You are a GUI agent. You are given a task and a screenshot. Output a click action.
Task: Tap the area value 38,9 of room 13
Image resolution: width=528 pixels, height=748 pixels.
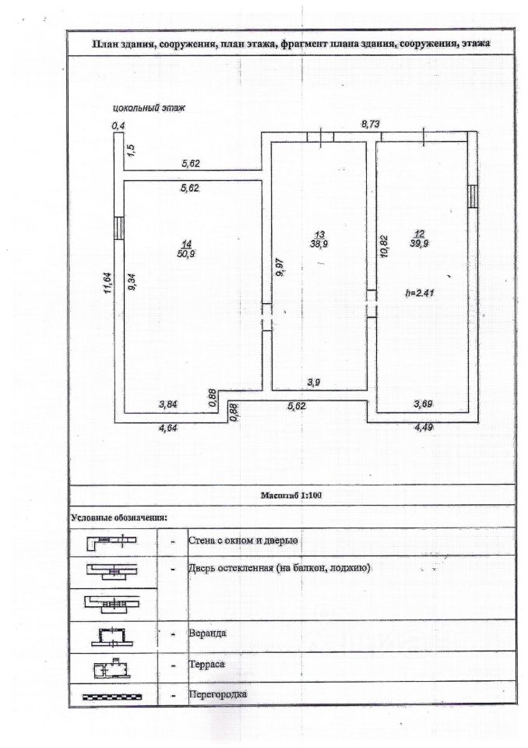(x=319, y=244)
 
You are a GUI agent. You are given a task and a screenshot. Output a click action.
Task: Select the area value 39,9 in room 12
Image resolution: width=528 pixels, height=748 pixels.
(x=419, y=244)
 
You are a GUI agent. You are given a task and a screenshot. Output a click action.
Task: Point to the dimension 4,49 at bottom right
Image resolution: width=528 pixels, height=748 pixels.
(x=421, y=428)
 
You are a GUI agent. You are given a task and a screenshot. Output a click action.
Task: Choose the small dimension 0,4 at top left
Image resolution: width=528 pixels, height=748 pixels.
(x=118, y=125)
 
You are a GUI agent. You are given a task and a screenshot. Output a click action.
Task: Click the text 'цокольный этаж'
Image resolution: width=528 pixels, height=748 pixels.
(x=149, y=108)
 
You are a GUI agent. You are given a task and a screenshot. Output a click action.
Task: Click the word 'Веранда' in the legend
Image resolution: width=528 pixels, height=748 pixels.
(x=207, y=633)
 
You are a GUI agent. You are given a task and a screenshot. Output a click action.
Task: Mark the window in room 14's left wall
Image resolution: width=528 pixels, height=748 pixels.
(x=119, y=228)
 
